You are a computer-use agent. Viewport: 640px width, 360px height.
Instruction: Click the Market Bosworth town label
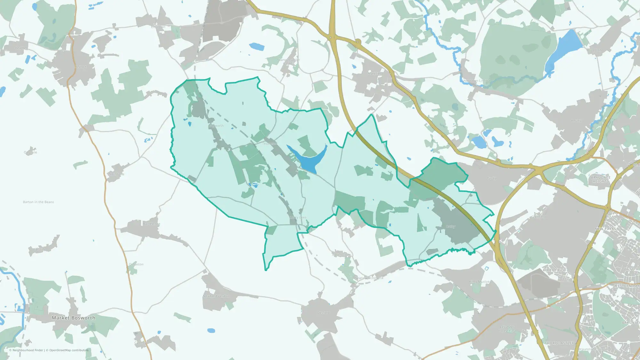pos(73,318)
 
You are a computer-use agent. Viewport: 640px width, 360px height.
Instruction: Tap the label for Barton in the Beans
pos(38,202)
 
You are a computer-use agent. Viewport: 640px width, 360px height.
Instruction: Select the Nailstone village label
pos(116,174)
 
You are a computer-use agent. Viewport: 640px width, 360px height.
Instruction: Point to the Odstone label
pos(30,152)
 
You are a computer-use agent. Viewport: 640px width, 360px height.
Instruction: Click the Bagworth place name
pos(216,126)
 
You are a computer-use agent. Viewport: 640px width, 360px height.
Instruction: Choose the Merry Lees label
pos(298,217)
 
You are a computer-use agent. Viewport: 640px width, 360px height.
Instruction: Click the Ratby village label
pos(451,227)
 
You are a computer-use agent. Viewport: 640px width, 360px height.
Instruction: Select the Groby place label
pos(492,178)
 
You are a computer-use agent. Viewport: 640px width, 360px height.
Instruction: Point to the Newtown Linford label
pos(477,81)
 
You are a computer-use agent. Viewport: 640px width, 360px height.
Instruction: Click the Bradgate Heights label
pos(601,179)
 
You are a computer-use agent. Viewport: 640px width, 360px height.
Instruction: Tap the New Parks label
pos(605,229)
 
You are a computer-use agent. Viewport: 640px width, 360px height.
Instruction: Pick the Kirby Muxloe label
pos(479,282)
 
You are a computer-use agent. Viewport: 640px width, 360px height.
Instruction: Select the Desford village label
pos(323,312)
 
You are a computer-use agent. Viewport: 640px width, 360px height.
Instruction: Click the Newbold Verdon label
pos(216,296)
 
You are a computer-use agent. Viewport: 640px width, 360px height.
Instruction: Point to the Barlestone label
pos(152,224)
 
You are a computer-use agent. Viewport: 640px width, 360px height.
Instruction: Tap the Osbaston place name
pos(136,264)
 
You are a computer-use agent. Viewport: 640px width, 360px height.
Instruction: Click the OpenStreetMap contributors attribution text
pos(69,350)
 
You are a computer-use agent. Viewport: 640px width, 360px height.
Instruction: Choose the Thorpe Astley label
pos(559,343)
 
